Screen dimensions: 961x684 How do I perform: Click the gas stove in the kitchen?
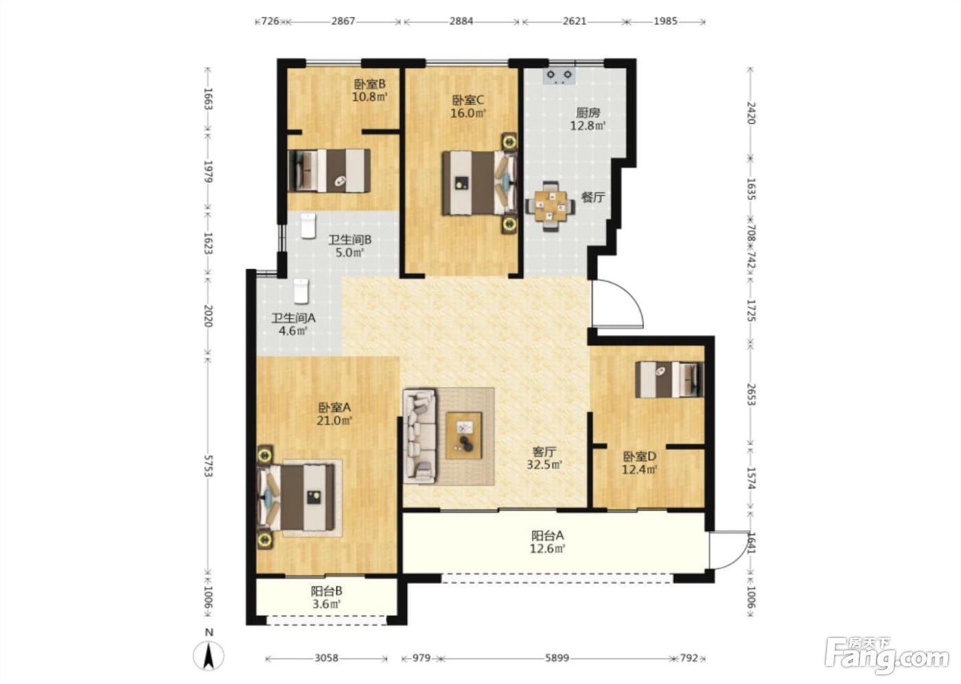coord(559,76)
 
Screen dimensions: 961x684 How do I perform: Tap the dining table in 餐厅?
coord(550,206)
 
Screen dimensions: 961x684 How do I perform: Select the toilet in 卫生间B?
coord(308,225)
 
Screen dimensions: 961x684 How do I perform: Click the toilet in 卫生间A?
coord(301,290)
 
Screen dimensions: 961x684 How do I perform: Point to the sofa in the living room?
coord(419,436)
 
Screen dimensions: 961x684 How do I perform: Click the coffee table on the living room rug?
coord(464,436)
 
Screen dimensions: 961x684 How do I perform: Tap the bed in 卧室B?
coord(329,171)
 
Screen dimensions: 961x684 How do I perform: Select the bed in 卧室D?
coord(670,379)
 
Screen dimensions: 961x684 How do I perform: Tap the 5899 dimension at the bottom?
coord(557,659)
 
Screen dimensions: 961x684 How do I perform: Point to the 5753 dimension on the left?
coord(208,466)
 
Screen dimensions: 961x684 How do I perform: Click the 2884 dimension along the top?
coord(461,21)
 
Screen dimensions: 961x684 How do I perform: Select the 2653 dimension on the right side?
coord(751,394)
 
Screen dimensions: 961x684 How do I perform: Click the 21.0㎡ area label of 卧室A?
coord(334,420)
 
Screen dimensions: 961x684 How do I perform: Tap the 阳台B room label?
coord(327,591)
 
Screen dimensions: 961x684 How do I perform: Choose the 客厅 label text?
coord(544,451)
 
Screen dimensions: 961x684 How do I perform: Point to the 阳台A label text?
coord(548,536)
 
